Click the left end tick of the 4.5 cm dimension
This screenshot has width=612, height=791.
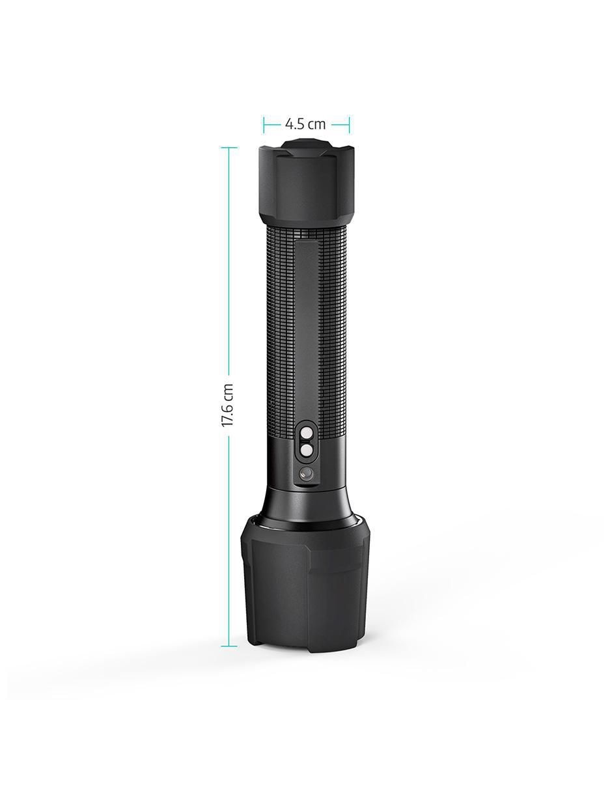click(x=264, y=124)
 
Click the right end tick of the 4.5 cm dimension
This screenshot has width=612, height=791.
click(x=348, y=124)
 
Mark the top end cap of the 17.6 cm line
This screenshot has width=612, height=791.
click(x=229, y=148)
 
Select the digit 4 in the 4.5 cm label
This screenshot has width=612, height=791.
click(x=288, y=124)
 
